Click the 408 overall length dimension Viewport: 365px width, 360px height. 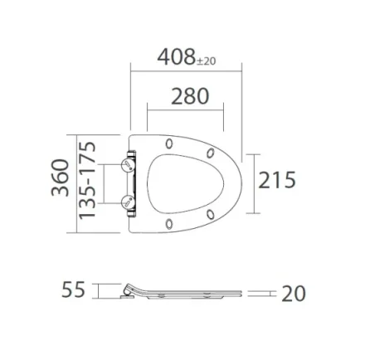(177, 59)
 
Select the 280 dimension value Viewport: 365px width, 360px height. (189, 95)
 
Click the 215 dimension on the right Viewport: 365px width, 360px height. (276, 179)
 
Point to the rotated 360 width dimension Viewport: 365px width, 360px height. (60, 179)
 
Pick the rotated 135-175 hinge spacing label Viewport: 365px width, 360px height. (86, 179)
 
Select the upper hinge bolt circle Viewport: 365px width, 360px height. (127, 165)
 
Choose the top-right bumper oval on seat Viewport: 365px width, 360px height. (211, 152)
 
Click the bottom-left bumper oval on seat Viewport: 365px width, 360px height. (169, 222)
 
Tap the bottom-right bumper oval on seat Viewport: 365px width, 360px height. (211, 214)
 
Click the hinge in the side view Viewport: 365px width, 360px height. (129, 293)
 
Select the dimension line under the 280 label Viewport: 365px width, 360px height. (186, 109)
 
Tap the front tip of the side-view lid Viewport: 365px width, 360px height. (241, 294)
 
